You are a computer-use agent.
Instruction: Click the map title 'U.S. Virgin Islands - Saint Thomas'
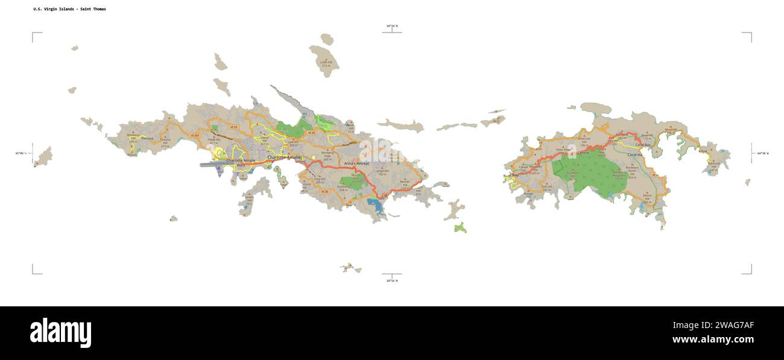(x=69, y=9)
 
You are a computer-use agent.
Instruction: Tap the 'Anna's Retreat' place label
(x=356, y=163)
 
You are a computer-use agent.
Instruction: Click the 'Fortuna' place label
(x=147, y=138)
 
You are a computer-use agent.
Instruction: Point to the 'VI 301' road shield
(x=195, y=136)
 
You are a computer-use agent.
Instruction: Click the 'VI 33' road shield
(x=233, y=127)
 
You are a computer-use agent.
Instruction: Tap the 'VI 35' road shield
(x=311, y=133)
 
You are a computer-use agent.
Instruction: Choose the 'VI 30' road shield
(x=324, y=192)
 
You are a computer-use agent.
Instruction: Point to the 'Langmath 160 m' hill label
(x=382, y=172)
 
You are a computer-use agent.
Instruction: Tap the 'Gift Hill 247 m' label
(x=548, y=188)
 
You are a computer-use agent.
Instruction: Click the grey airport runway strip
(x=214, y=163)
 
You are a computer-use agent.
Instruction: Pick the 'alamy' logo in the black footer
(x=60, y=333)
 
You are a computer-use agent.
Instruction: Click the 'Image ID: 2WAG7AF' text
(x=712, y=326)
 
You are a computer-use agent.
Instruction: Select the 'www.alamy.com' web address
(x=713, y=339)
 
